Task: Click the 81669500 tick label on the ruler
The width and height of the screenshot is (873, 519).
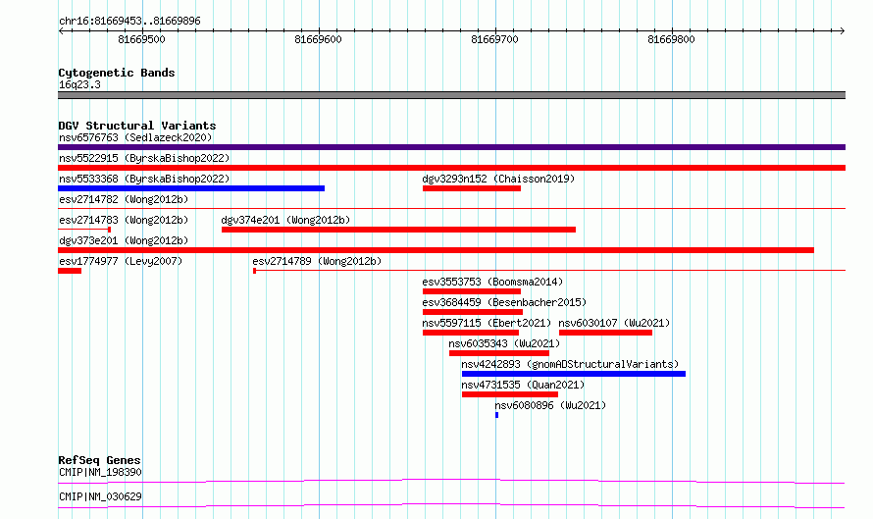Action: pyautogui.click(x=141, y=39)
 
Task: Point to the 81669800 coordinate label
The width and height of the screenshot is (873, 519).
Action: pyautogui.click(x=671, y=39)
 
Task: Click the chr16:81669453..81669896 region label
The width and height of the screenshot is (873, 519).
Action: pyautogui.click(x=129, y=22)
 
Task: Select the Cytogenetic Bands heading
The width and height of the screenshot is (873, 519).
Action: pyautogui.click(x=117, y=73)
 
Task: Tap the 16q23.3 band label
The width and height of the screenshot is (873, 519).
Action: pyautogui.click(x=79, y=84)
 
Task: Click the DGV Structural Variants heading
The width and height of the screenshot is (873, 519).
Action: pyautogui.click(x=137, y=126)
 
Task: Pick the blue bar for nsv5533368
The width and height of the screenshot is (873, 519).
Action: pyautogui.click(x=191, y=188)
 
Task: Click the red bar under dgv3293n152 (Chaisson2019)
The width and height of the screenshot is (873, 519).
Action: pyautogui.click(x=472, y=188)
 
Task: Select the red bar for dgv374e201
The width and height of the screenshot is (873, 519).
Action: pyautogui.click(x=398, y=230)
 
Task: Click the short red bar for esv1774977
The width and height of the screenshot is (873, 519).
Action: pyautogui.click(x=70, y=271)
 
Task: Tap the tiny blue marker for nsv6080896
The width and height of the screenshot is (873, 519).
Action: pyautogui.click(x=496, y=415)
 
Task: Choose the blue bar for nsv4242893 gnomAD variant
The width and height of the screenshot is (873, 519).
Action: pyautogui.click(x=574, y=374)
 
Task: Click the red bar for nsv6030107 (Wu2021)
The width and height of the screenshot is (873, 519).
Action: pyautogui.click(x=605, y=333)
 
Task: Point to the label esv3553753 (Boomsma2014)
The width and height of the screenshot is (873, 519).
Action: pyautogui.click(x=492, y=282)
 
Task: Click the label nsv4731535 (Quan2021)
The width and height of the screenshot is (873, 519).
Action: pyautogui.click(x=523, y=385)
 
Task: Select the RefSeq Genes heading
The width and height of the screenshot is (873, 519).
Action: pyautogui.click(x=99, y=460)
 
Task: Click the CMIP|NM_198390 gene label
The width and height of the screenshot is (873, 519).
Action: pyautogui.click(x=100, y=472)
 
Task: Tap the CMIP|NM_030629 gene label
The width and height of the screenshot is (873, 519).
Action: pyautogui.click(x=100, y=496)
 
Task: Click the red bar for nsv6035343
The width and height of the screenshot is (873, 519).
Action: pyautogui.click(x=499, y=353)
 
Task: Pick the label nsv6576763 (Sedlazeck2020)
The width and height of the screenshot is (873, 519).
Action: pyautogui.click(x=135, y=137)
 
